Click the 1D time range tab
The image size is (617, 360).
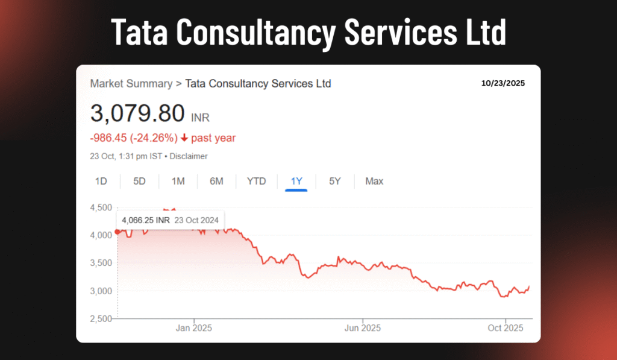tap(101, 181)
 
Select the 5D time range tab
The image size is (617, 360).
tap(139, 181)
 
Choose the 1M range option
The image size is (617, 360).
tap(178, 181)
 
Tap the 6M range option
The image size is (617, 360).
tap(216, 181)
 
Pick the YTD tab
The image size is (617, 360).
tap(256, 181)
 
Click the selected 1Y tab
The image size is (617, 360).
tap(296, 181)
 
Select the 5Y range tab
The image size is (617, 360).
tap(335, 181)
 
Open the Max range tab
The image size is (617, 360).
tap(374, 181)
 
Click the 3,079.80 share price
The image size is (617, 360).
tap(137, 113)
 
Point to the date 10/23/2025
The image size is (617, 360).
tap(503, 83)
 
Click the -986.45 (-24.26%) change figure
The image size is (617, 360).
tap(134, 138)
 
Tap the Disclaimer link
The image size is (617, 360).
tap(189, 156)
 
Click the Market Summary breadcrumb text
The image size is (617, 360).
tap(131, 83)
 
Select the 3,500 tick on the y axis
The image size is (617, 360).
tap(102, 263)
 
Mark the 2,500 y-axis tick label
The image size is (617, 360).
tap(102, 318)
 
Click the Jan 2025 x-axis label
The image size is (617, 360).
tap(194, 328)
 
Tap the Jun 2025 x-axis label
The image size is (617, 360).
tap(363, 328)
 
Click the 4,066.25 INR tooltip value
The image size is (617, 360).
tap(146, 220)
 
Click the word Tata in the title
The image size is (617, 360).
tap(140, 33)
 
